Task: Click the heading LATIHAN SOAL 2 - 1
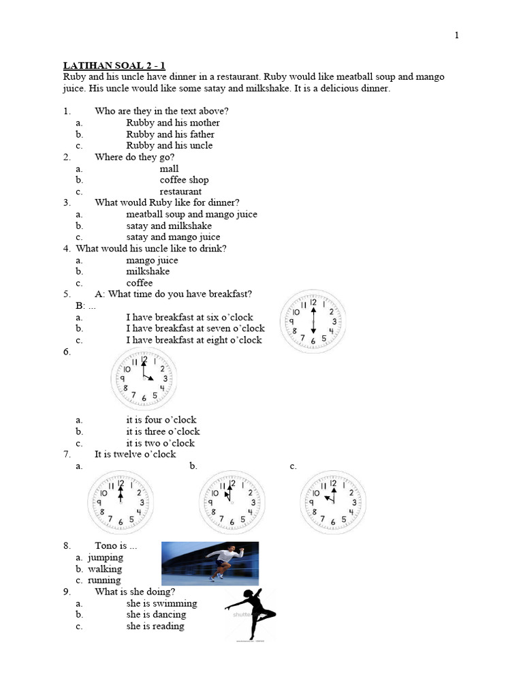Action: (x=114, y=65)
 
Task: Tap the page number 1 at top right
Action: (x=457, y=36)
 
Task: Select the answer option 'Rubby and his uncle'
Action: (x=169, y=145)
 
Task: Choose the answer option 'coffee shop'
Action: (x=184, y=180)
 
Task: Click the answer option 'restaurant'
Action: (x=180, y=192)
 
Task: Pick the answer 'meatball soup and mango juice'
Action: (x=191, y=214)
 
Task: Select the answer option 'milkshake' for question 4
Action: (x=148, y=271)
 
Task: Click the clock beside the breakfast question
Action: (x=313, y=321)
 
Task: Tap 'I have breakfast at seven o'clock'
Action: (x=195, y=329)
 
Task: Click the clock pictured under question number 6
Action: (x=143, y=378)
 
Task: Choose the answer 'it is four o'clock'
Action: (x=161, y=420)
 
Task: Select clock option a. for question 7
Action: (x=121, y=502)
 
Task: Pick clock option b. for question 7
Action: (x=231, y=502)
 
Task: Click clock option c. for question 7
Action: (x=333, y=502)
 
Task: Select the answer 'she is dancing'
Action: (x=156, y=615)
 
